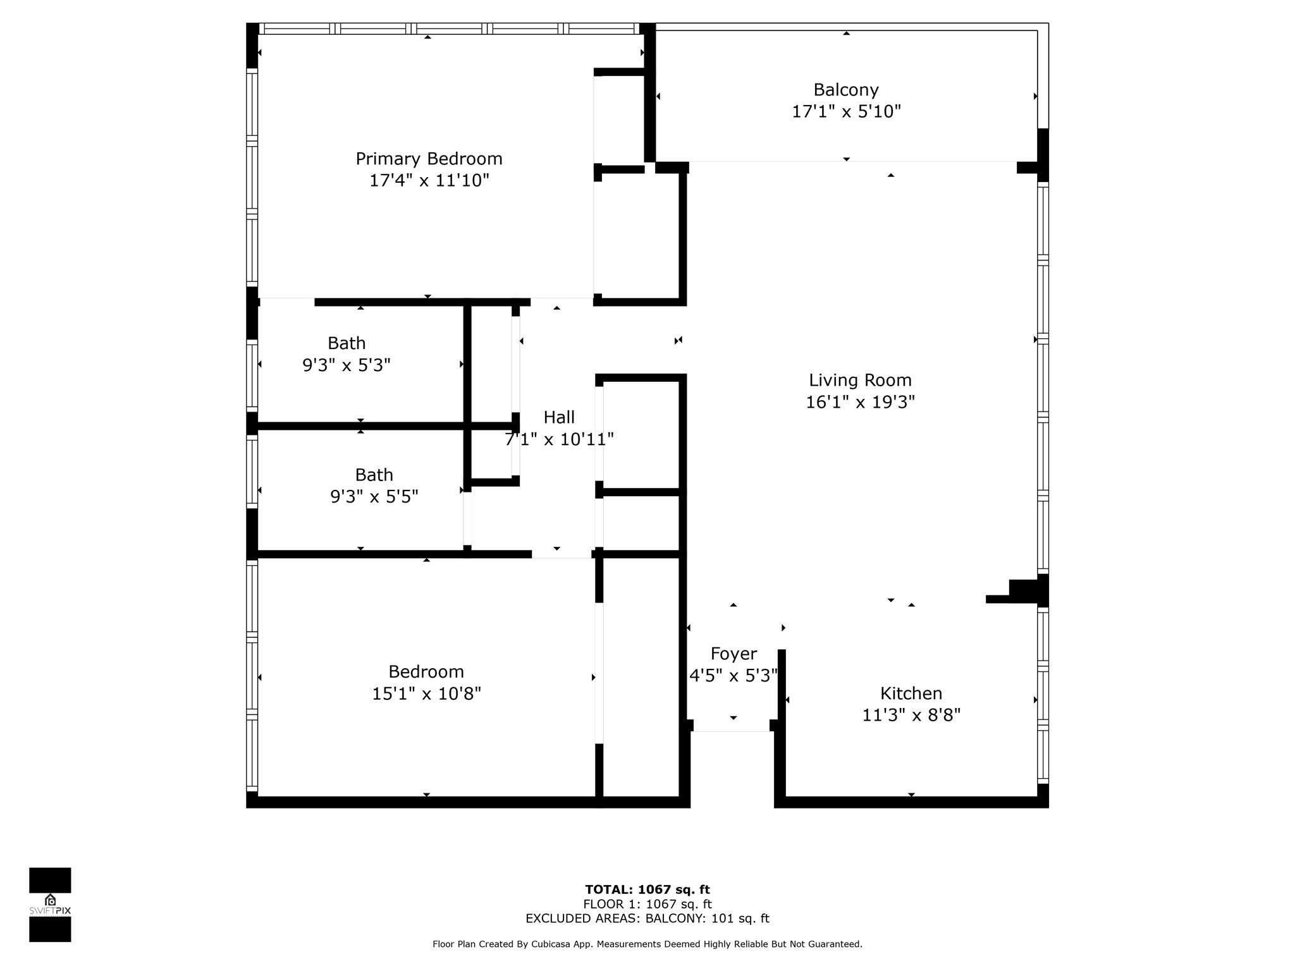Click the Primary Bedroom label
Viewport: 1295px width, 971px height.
point(429,159)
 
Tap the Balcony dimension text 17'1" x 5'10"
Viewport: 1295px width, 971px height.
point(846,111)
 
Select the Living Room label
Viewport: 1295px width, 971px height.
point(860,380)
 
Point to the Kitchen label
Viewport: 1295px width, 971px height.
point(911,693)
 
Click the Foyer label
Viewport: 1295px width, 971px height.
point(733,654)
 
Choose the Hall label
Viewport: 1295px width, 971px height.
point(559,417)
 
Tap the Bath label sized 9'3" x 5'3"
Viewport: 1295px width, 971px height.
point(347,343)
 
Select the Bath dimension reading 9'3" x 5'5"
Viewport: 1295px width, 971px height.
point(374,497)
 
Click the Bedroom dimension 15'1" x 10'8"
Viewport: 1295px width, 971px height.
point(426,693)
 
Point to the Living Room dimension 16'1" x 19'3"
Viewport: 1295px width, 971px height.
point(860,402)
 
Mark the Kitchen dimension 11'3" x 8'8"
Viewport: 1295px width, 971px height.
point(911,715)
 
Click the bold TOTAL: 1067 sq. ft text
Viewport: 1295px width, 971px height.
point(647,890)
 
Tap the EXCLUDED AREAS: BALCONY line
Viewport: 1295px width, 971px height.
point(647,919)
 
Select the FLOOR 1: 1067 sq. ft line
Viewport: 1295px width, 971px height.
point(647,904)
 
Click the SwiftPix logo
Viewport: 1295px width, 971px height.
point(50,905)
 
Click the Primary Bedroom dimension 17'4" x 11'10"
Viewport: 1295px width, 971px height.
point(429,181)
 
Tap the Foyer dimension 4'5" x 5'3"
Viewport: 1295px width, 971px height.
point(733,676)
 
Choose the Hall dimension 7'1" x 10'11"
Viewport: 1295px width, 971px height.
point(559,439)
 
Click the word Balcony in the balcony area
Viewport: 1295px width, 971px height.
point(846,90)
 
